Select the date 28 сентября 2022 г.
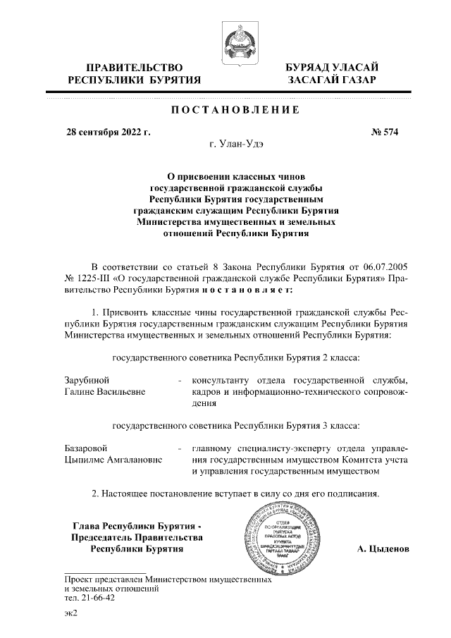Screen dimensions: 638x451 pyautogui.click(x=109, y=132)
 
